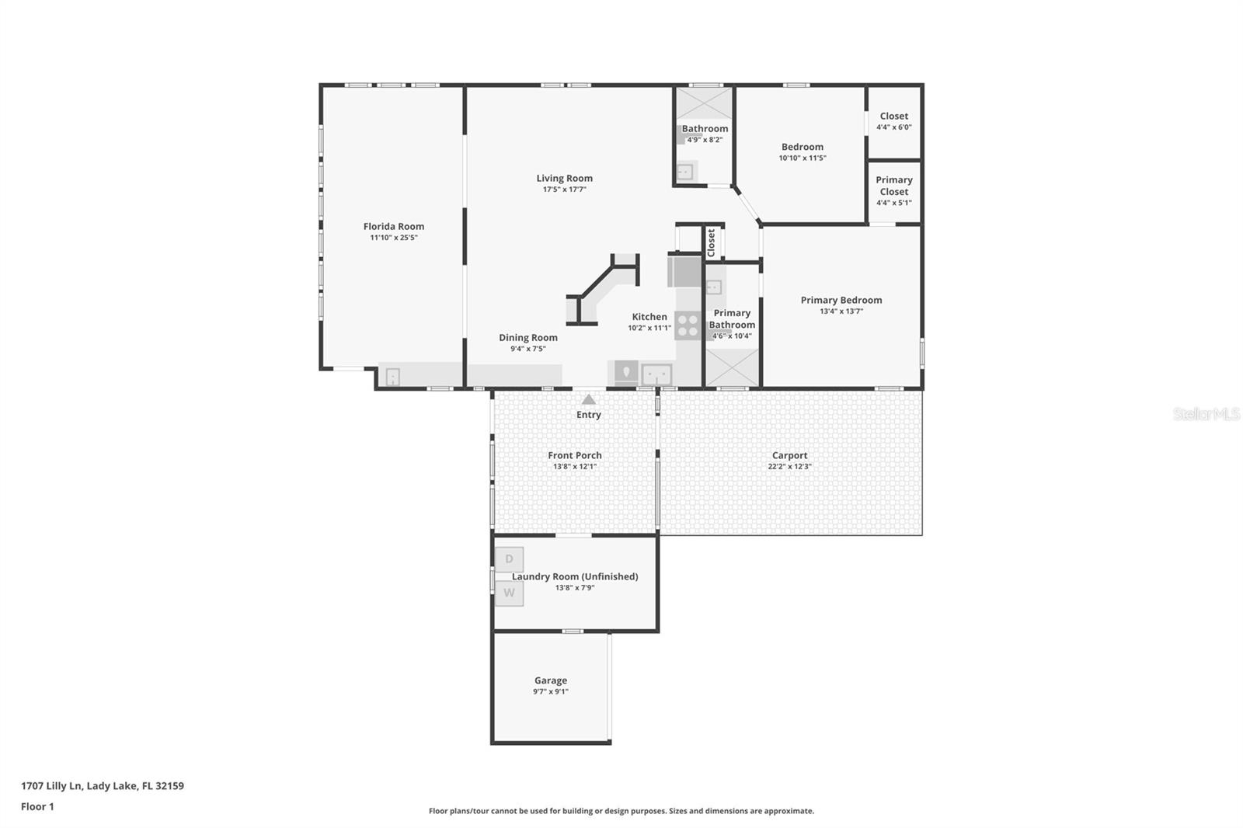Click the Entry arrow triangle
click(589, 399)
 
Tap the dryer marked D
click(509, 558)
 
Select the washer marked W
click(509, 593)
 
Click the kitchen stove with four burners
click(688, 325)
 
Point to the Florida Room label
click(393, 227)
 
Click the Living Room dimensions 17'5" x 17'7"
click(564, 190)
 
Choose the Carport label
click(789, 455)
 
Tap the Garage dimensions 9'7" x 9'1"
click(551, 691)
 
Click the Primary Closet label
click(894, 186)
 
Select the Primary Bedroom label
click(841, 301)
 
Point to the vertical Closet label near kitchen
click(712, 243)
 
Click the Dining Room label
click(528, 337)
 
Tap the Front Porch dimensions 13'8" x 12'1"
click(575, 467)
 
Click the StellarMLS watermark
click(1206, 413)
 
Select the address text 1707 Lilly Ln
click(51, 786)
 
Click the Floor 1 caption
click(37, 807)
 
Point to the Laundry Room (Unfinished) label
click(575, 576)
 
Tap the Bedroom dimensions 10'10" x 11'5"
click(803, 158)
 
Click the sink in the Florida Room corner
click(392, 377)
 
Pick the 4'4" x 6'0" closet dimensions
click(894, 127)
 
